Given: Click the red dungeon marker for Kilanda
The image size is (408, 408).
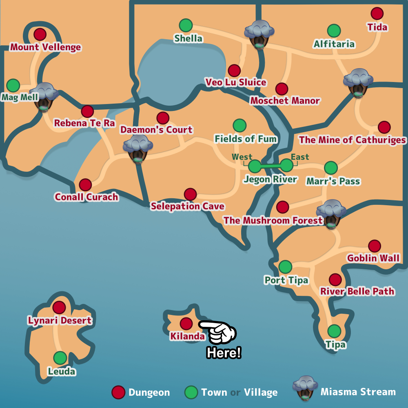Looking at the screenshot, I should [186, 324].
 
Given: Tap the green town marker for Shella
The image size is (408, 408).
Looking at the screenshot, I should [186, 25].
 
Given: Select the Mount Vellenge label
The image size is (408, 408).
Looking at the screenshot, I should [46, 47].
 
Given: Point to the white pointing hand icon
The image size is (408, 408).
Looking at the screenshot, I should [218, 331].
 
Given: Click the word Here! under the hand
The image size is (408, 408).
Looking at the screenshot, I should [224, 353].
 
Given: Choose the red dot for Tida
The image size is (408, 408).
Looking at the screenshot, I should [377, 13].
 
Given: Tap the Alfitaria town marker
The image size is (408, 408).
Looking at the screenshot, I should [334, 31].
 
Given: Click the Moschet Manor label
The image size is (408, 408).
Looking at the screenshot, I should [285, 100].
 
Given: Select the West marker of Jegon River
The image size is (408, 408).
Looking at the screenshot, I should [254, 166].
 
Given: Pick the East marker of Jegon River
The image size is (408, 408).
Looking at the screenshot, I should [287, 165].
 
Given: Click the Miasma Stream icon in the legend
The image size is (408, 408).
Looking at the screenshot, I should [305, 388].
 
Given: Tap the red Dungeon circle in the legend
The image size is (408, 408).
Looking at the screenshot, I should [118, 392].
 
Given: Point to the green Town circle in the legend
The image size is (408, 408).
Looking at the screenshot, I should [191, 392].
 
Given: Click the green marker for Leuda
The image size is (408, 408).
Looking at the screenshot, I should [60, 358].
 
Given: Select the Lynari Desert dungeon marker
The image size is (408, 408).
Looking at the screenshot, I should [59, 307].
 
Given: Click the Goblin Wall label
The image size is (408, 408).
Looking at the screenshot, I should [373, 258].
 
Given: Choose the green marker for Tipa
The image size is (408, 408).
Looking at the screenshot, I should [334, 331].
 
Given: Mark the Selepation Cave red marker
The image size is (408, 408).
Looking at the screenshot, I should [190, 194].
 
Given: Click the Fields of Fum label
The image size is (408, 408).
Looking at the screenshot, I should [246, 139].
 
